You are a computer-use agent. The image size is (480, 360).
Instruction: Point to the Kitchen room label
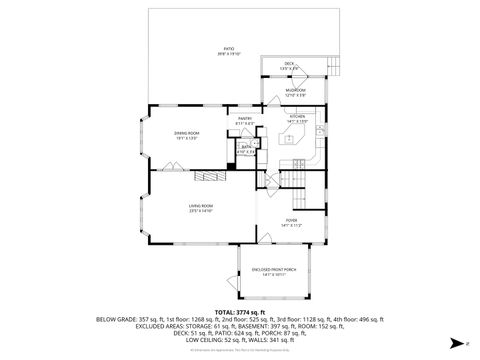[x=297, y=117]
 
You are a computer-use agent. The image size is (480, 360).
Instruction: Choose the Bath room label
[x=245, y=147]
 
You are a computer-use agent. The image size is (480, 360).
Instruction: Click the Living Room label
[x=201, y=208]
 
